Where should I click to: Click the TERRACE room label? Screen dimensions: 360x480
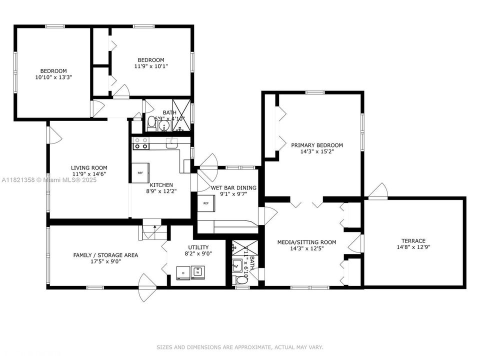tap(413, 240)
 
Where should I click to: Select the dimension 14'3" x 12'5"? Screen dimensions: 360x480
tap(306, 249)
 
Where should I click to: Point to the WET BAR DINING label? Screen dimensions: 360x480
tap(233, 188)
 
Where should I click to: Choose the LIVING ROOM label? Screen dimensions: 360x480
tap(89, 168)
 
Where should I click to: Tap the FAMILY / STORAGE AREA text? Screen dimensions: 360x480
tap(105, 255)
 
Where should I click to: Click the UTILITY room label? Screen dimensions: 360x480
tap(198, 247)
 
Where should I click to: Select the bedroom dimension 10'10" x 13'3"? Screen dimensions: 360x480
tap(53, 77)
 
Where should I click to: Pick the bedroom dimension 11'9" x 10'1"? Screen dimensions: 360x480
tap(151, 66)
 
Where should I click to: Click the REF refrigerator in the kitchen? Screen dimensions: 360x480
tap(140, 172)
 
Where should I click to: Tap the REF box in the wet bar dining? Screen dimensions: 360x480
tap(206, 203)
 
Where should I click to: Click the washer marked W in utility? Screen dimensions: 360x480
tap(198, 272)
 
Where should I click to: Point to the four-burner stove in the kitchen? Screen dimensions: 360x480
tap(140, 143)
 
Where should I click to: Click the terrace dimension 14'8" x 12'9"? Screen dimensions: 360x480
tap(413, 247)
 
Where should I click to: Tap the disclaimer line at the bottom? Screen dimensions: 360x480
tap(240, 347)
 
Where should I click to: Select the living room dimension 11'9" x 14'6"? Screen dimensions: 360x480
tap(89, 174)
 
